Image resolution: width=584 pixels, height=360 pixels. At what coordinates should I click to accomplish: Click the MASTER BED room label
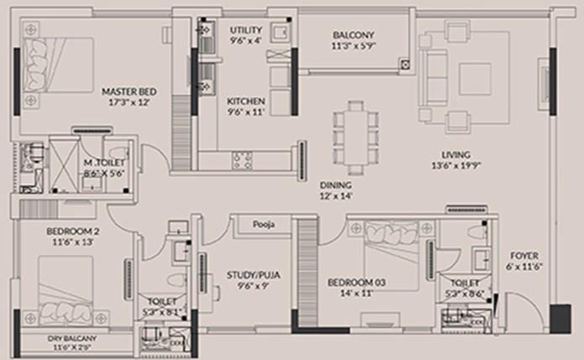coord(129,91)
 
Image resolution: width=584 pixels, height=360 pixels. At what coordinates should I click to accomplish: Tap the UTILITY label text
coord(246,30)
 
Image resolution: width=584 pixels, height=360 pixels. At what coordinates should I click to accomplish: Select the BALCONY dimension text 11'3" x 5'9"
coord(353,46)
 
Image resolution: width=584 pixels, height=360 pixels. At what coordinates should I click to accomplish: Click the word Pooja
coord(263,224)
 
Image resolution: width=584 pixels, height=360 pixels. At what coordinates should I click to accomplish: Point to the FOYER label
coord(524,256)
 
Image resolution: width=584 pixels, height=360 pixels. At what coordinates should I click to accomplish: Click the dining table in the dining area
coord(355,138)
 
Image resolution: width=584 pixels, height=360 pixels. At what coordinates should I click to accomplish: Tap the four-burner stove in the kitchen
coord(242,161)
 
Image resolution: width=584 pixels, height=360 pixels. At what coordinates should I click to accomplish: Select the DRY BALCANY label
coord(72,338)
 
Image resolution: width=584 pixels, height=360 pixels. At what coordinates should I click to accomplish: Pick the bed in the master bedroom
coord(58,65)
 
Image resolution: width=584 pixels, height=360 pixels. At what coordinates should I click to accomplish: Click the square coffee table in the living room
coord(475,79)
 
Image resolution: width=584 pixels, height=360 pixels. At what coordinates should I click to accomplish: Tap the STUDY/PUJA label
coord(253,275)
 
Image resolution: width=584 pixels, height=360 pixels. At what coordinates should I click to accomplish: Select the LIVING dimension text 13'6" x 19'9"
coord(456,165)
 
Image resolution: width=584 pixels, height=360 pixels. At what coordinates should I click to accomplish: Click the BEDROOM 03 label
coord(357,283)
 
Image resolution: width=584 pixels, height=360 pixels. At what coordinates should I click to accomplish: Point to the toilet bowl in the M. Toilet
coord(120,154)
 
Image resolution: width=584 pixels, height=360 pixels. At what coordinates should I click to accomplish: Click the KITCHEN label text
coord(246,101)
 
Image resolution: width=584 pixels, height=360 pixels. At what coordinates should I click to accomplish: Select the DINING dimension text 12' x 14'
coord(336,196)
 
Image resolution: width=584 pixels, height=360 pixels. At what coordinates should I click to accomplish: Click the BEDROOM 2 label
coord(73,232)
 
